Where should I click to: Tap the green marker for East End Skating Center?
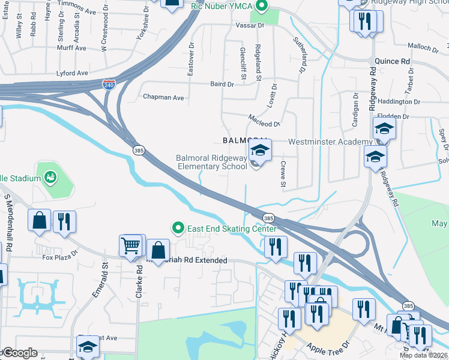[x=178, y=229]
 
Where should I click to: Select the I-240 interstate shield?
[x=109, y=85]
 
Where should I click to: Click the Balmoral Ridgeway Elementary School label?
[x=211, y=163]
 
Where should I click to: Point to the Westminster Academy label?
[x=330, y=142]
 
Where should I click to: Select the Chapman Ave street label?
[x=163, y=97]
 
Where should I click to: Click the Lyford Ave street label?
[x=73, y=73]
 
